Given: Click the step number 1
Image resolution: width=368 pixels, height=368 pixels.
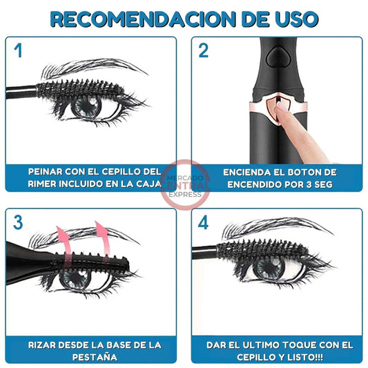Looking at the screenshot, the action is click(18, 50).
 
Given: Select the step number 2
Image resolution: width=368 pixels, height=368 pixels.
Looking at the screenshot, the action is click(203, 50).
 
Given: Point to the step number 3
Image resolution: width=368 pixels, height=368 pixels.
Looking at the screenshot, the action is click(18, 222).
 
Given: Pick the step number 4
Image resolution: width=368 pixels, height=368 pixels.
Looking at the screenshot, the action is click(203, 222).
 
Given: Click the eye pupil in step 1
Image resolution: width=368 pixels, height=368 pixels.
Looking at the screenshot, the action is click(87, 107).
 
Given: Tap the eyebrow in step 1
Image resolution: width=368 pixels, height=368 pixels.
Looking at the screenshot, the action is click(94, 68).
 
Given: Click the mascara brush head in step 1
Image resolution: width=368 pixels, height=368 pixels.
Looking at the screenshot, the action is click(81, 88).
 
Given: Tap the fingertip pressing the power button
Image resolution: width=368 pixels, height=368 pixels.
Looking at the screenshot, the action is click(280, 108).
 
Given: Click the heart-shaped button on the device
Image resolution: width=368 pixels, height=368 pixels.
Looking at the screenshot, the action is click(278, 57).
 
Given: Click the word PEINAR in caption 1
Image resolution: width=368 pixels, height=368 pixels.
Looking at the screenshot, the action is click(46, 171).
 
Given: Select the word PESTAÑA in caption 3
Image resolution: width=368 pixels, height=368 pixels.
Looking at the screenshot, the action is click(95, 357).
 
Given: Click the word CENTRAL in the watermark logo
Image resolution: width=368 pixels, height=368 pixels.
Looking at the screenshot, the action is click(186, 186).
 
